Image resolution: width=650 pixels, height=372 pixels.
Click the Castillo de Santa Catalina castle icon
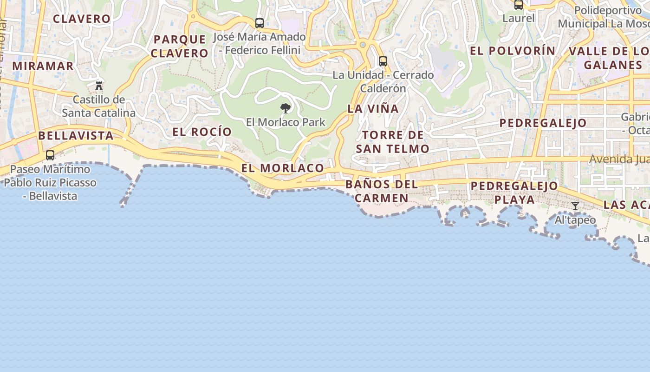(x=98, y=86)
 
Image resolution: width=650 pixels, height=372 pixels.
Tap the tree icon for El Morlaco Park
(x=286, y=108)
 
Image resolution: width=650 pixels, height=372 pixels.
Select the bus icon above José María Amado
(x=260, y=23)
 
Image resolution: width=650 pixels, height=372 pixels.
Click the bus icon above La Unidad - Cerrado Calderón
(x=383, y=61)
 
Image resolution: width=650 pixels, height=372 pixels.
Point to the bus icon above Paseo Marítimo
(x=50, y=155)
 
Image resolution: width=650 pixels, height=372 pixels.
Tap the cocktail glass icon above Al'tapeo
(x=575, y=206)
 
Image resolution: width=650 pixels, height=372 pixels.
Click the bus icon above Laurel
(x=519, y=5)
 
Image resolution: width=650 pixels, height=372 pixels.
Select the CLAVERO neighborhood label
(x=82, y=19)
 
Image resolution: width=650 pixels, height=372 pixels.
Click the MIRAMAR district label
(x=43, y=66)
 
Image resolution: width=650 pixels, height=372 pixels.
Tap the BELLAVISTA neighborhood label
(x=76, y=136)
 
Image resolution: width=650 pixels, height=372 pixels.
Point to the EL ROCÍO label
(x=202, y=132)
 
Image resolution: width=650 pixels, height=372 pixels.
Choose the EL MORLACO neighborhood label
(x=283, y=168)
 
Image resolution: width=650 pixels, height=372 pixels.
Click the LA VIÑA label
(x=373, y=109)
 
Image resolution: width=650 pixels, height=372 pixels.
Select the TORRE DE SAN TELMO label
(x=393, y=142)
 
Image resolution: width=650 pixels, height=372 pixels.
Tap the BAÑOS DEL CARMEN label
(x=382, y=191)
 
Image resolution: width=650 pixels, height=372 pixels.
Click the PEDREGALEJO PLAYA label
(x=514, y=193)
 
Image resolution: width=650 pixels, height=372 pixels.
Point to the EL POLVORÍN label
(x=513, y=51)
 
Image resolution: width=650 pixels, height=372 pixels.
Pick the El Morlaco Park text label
(x=286, y=122)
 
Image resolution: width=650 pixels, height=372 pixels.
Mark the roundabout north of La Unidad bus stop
(x=363, y=45)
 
